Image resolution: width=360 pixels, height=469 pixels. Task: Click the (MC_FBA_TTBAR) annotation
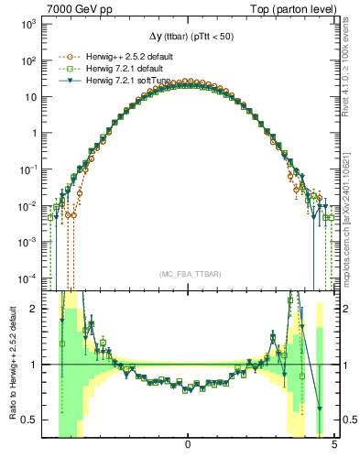coord(187,275)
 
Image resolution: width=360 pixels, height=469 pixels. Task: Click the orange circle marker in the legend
coord(62,57)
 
